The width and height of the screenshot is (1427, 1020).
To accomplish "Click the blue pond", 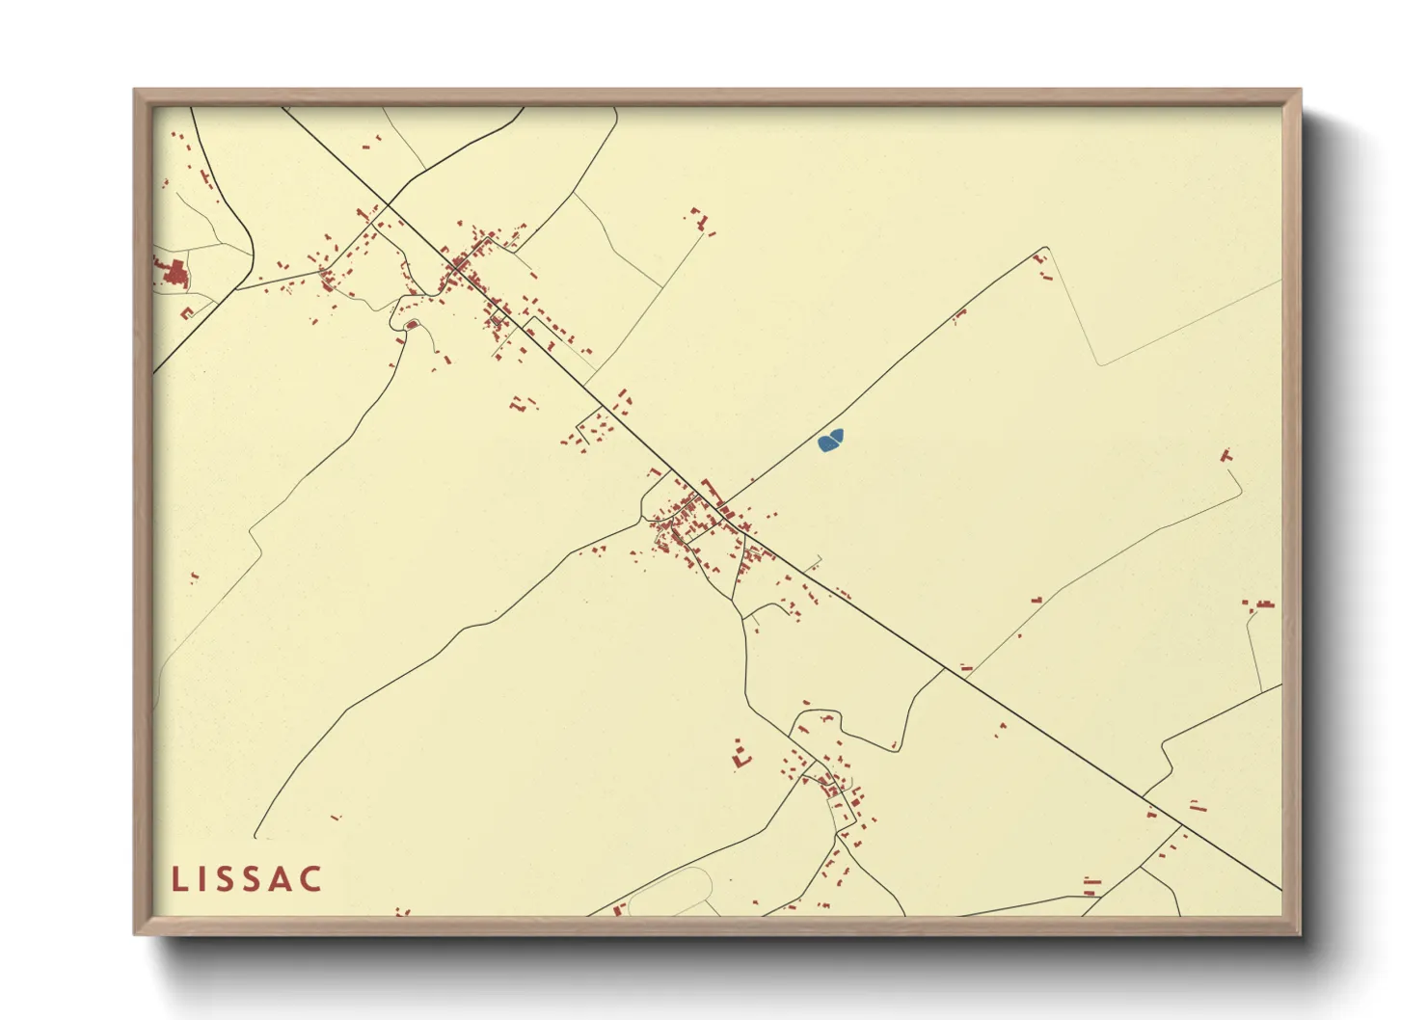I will click(x=830, y=441).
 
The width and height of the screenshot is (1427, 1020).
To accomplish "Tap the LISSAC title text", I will click(x=247, y=879).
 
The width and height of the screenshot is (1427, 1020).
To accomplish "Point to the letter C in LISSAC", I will click(x=310, y=879).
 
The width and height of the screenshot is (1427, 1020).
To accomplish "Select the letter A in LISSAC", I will click(x=282, y=879).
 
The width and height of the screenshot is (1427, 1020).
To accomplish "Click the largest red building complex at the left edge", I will click(x=175, y=273).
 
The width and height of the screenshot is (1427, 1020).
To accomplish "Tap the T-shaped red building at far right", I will click(x=1226, y=454).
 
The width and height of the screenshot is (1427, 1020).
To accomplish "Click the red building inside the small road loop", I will click(x=412, y=325).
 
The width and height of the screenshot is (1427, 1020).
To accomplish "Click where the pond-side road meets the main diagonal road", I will click(x=723, y=509).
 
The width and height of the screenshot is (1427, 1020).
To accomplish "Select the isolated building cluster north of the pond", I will click(x=700, y=220).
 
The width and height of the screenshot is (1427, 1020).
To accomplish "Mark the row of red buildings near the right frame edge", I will click(x=1259, y=605).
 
